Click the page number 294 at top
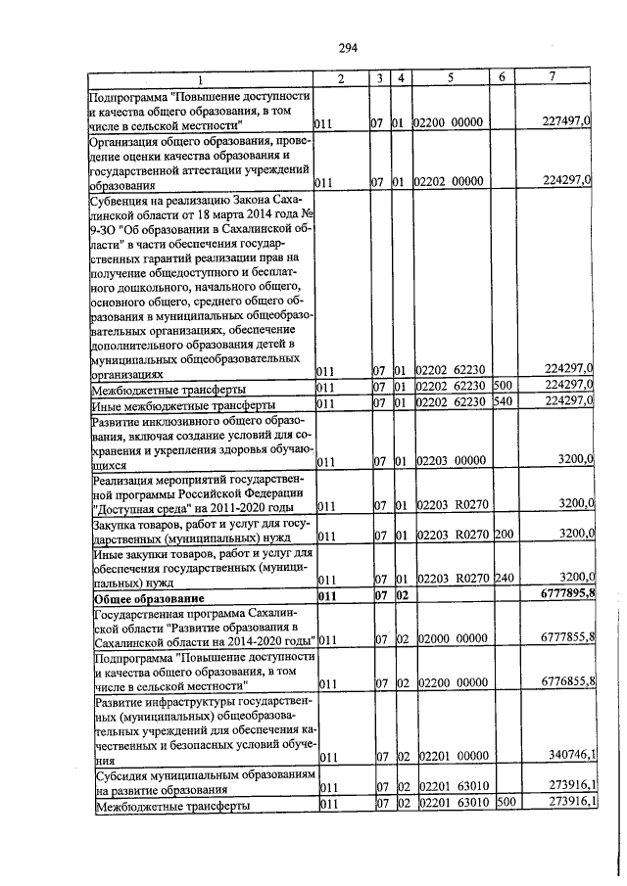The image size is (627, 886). [347, 47]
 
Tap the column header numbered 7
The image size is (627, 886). [554, 78]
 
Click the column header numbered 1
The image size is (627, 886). [200, 79]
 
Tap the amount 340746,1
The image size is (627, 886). [566, 755]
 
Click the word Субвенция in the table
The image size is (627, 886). [123, 198]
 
